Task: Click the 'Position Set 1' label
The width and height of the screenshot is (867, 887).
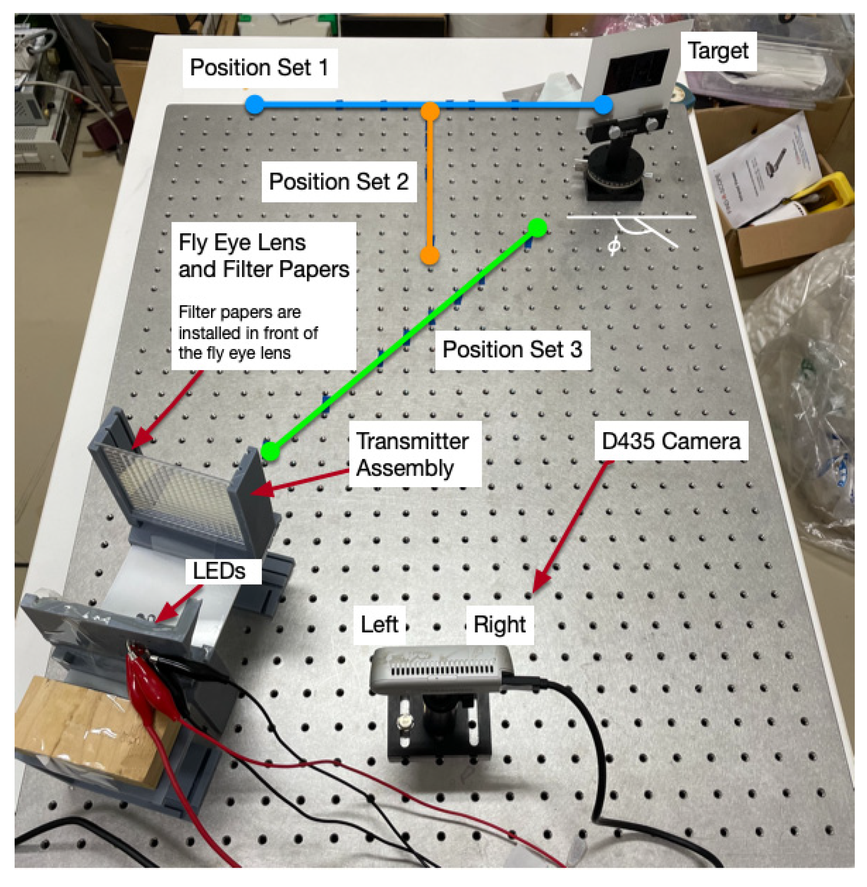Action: [259, 68]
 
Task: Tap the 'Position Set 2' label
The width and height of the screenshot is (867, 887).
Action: [339, 182]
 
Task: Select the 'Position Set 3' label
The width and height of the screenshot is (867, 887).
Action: [512, 350]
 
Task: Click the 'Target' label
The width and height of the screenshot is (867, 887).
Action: [718, 51]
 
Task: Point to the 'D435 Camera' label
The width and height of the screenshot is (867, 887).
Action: [671, 441]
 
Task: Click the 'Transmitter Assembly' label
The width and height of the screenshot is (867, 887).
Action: [412, 454]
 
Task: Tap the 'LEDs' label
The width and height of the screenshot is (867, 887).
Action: [220, 570]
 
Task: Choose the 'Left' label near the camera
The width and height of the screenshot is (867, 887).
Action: [379, 624]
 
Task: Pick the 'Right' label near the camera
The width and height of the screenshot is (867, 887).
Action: [499, 624]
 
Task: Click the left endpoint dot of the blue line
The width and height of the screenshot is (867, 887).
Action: [255, 105]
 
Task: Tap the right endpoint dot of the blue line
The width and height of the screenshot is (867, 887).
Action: [603, 105]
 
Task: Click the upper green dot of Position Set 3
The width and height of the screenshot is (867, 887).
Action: [538, 228]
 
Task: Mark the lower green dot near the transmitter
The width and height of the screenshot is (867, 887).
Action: [270, 451]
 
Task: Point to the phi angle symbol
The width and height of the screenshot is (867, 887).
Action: [614, 246]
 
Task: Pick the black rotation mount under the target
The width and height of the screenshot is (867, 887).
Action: [615, 175]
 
